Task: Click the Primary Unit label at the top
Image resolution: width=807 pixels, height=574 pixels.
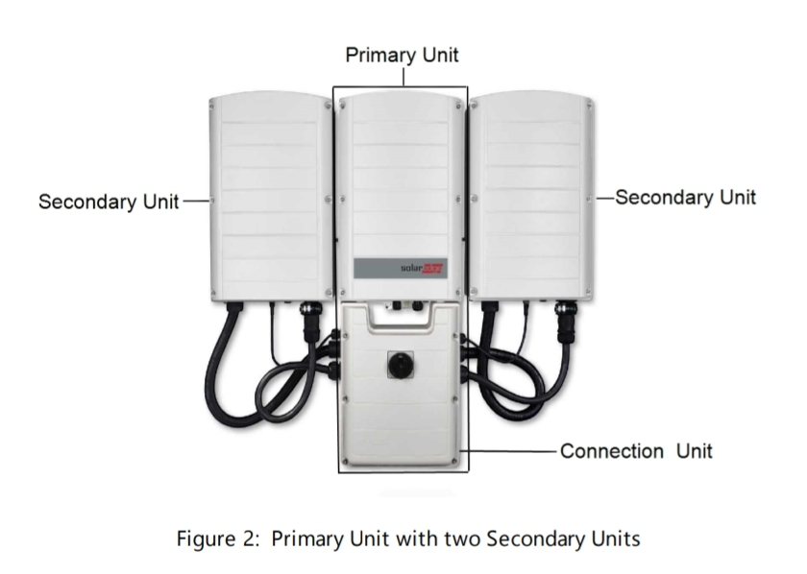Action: pos(402,55)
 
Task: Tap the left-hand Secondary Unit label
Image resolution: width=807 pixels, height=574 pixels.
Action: pos(108,203)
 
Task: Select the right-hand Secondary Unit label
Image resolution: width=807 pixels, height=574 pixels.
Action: pos(685,197)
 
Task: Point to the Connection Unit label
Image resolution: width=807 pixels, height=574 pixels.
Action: pos(636,450)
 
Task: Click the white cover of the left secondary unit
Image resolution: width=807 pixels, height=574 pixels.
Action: pos(269,192)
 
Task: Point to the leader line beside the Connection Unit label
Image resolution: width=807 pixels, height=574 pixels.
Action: pos(509,450)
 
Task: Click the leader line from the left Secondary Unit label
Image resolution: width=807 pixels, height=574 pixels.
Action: pos(194,202)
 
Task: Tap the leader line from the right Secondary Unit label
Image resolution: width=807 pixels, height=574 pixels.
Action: pos(604,197)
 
